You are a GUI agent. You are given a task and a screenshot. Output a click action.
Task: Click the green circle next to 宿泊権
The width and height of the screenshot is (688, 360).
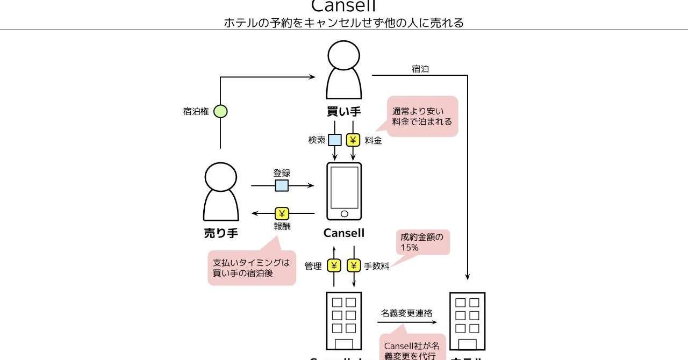220,111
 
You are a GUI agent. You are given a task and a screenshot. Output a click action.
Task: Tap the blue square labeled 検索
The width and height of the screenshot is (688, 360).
335,140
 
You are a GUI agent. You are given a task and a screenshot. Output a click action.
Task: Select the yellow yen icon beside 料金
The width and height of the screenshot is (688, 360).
353,140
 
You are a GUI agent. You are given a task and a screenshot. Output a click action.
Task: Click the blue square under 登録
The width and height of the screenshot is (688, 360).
282,186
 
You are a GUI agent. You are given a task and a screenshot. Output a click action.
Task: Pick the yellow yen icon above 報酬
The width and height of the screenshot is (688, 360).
282,213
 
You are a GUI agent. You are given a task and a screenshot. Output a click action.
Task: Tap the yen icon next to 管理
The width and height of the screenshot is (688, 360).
334,265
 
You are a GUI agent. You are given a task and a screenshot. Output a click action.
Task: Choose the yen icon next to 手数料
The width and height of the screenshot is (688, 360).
353,265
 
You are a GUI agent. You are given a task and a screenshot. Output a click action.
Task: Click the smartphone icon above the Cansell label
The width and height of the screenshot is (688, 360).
344,191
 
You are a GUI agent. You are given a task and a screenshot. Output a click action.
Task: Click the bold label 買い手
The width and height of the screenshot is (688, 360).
344,112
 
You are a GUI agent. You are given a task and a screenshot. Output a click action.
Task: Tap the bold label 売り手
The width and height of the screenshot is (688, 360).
220,233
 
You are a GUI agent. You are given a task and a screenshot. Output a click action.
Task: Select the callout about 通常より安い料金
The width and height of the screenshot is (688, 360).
422,117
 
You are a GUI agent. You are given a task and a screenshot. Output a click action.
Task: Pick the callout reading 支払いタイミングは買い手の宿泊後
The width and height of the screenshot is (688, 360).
252,268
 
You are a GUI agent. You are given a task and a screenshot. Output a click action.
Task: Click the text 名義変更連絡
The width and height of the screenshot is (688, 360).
406,313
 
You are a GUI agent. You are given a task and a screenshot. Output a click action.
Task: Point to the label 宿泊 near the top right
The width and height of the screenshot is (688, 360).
420,69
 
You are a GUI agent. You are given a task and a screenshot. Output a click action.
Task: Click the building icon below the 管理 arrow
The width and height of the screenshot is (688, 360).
344,321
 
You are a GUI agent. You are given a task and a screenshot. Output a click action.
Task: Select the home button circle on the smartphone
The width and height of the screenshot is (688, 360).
344,214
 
